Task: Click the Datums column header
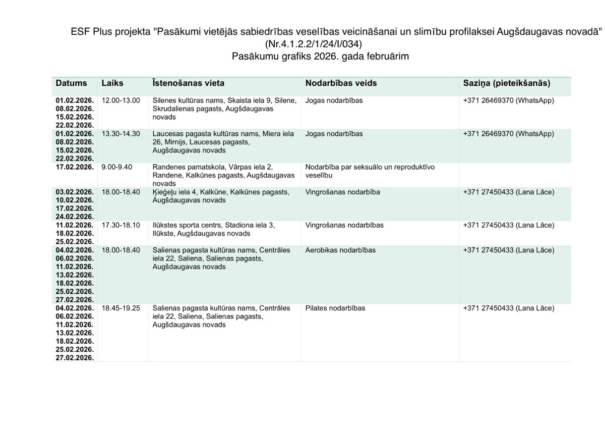pyautogui.click(x=71, y=83)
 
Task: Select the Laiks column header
pyautogui.click(x=112, y=83)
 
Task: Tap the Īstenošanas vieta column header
pyautogui.click(x=188, y=83)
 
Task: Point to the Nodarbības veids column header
pyautogui.click(x=341, y=83)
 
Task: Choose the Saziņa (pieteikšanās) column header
pyautogui.click(x=506, y=83)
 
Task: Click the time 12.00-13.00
pyautogui.click(x=120, y=100)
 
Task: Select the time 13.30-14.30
pyautogui.click(x=120, y=134)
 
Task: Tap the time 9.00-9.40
pyautogui.click(x=116, y=167)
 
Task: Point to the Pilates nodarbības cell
pyautogui.click(x=335, y=308)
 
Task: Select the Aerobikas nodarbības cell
pyautogui.click(x=340, y=250)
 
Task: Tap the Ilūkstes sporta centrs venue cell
pyautogui.click(x=214, y=229)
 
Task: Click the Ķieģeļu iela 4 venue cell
pyautogui.click(x=220, y=196)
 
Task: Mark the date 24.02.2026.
pyautogui.click(x=75, y=217)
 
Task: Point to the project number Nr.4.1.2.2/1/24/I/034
pyautogui.click(x=313, y=44)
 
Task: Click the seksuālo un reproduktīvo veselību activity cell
pyautogui.click(x=370, y=171)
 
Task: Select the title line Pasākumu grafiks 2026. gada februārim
pyautogui.click(x=320, y=57)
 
